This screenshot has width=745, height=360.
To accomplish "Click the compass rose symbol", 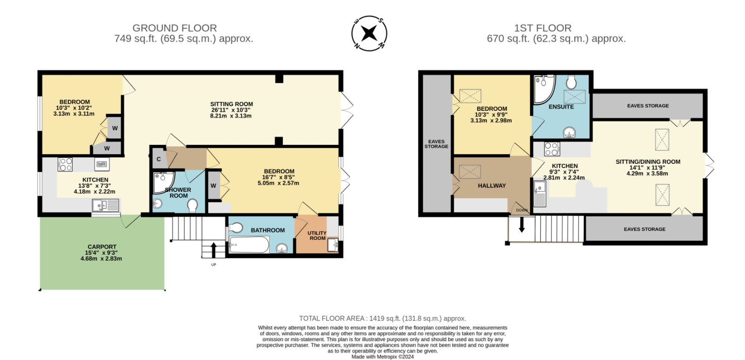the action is click(369, 33).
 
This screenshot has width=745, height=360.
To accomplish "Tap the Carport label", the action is click(102, 247).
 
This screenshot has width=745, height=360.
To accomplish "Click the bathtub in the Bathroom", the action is click(249, 245).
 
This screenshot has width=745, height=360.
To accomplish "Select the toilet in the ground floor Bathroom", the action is click(236, 228).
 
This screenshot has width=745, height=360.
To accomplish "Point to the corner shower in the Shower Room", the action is click(163, 183).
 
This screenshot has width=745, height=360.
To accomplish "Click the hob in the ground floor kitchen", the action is click(65, 164).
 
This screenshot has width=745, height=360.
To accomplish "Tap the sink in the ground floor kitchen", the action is click(105, 205).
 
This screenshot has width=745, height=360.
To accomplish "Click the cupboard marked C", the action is click(159, 159).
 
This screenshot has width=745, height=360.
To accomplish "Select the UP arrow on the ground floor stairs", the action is click(214, 250).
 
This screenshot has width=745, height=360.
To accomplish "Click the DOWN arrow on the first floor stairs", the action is click(522, 224).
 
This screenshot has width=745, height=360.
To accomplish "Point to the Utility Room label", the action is click(317, 236).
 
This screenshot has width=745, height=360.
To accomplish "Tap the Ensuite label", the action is click(561, 107).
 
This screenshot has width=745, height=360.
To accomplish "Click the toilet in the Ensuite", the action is click(571, 82).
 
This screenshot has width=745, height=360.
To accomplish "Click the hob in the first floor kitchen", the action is click(552, 149).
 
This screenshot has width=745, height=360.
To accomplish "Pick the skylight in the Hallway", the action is click(470, 172).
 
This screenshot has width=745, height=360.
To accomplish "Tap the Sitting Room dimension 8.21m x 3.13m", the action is click(231, 116).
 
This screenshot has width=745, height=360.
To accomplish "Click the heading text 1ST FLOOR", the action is click(543, 28).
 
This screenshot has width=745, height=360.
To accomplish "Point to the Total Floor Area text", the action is click(382, 319).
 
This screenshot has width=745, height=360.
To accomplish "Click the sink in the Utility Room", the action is click(333, 245).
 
